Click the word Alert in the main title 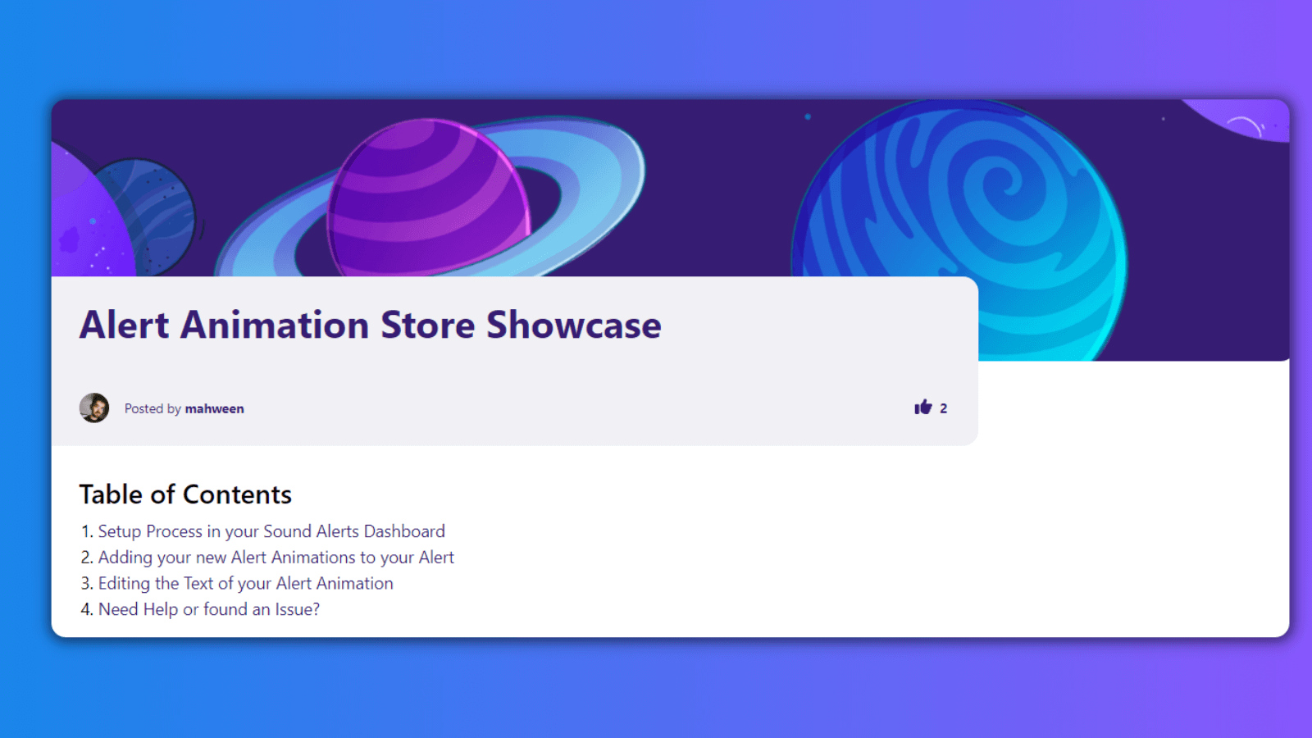pyautogui.click(x=124, y=325)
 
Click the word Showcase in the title pyautogui.click(x=574, y=325)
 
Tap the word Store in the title pyautogui.click(x=427, y=325)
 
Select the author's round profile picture pyautogui.click(x=94, y=408)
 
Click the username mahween pyautogui.click(x=214, y=409)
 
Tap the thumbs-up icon pyautogui.click(x=923, y=407)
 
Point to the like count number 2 pyautogui.click(x=944, y=408)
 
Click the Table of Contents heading pyautogui.click(x=185, y=494)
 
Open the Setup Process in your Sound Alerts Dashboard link pyautogui.click(x=271, y=531)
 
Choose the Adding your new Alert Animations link pyautogui.click(x=276, y=557)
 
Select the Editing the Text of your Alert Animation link pyautogui.click(x=245, y=583)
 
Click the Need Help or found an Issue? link pyautogui.click(x=209, y=609)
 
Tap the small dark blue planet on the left pyautogui.click(x=153, y=216)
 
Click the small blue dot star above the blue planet pyautogui.click(x=808, y=116)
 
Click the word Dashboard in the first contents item pyautogui.click(x=404, y=531)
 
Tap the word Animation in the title pyautogui.click(x=275, y=325)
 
